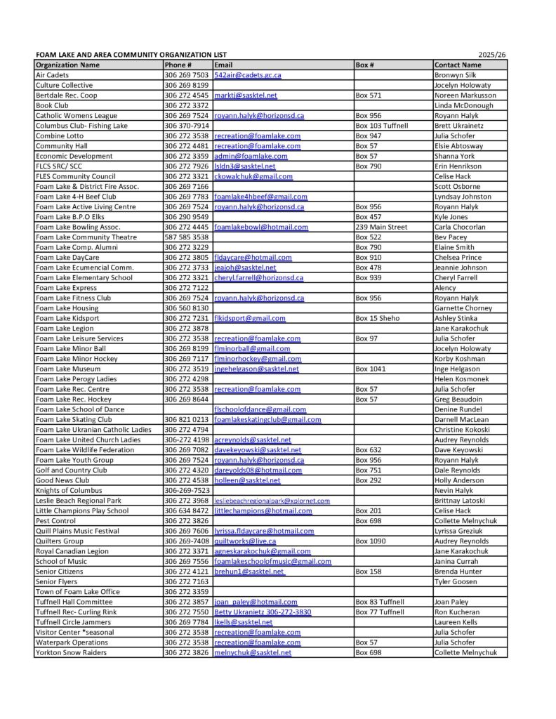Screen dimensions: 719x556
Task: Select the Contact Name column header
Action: pyautogui.click(x=458, y=65)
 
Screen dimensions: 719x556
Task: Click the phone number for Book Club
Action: pyautogui.click(x=186, y=105)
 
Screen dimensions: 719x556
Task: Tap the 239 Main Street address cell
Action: pyautogui.click(x=381, y=227)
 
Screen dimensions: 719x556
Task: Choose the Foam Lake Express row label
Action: pyautogui.click(x=67, y=288)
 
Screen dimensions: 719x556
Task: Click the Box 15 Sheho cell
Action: pyautogui.click(x=378, y=318)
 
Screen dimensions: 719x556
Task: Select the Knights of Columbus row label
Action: pyautogui.click(x=69, y=490)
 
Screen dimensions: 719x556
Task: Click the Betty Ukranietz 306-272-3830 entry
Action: pyautogui.click(x=263, y=612)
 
